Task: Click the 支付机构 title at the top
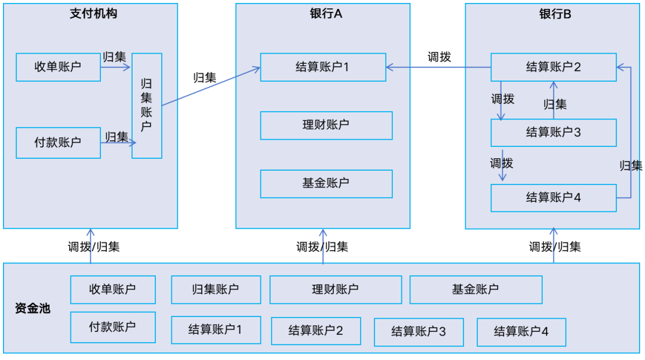coord(93,14)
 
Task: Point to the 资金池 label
coord(32,309)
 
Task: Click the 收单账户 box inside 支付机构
coord(58,67)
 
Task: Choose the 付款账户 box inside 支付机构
coord(58,143)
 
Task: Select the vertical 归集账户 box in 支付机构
coord(146,106)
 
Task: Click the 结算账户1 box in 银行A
coord(322,67)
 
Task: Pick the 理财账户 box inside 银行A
coord(326,125)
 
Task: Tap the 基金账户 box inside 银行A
coord(326,184)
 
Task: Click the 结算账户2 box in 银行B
coord(553,67)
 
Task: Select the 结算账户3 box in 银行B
coord(553,133)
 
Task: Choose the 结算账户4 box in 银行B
coord(553,198)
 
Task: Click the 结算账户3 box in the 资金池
coord(419,332)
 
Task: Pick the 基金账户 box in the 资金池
coord(475,290)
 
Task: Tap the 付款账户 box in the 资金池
coord(112,327)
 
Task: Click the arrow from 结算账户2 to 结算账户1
coord(438,67)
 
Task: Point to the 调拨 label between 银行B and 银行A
coord(439,57)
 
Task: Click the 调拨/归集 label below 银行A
coord(322,247)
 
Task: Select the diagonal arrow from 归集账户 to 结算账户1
coord(210,87)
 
